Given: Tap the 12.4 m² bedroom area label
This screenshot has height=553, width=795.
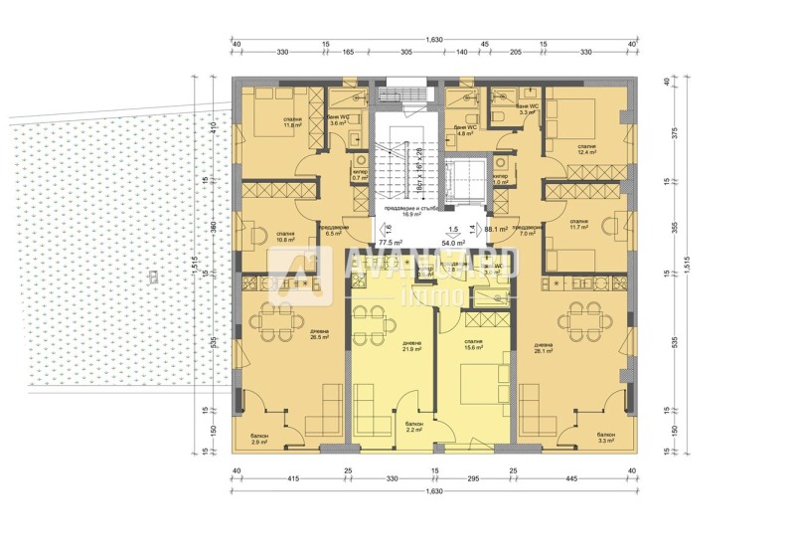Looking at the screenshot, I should click(586, 149).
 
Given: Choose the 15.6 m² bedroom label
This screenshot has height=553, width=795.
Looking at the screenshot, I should click(472, 345).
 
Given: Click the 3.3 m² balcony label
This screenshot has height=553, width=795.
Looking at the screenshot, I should click(604, 438).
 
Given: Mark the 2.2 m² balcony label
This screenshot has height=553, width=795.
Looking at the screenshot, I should click(414, 428).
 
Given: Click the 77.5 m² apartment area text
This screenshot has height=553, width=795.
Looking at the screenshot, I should click(389, 242).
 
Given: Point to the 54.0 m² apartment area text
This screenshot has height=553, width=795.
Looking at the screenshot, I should click(453, 242).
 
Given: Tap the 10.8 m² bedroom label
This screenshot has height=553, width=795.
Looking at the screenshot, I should click(288, 238).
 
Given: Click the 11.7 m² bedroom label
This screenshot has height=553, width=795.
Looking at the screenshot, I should click(579, 225).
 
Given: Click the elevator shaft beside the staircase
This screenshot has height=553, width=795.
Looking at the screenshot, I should click(461, 183).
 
